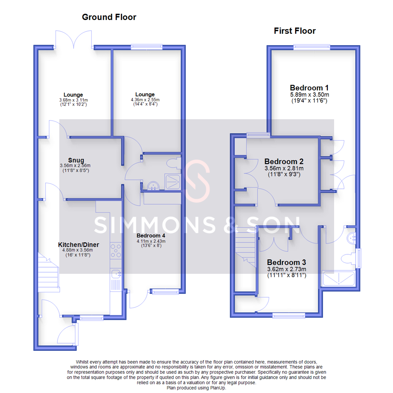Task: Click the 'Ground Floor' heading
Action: click(x=109, y=17)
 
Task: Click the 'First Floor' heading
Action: click(x=295, y=31)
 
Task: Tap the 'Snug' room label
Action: click(x=76, y=160)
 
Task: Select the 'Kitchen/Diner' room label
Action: click(x=79, y=245)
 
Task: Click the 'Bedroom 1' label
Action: click(x=309, y=88)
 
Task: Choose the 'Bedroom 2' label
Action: click(x=284, y=161)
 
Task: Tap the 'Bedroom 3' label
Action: click(x=286, y=262)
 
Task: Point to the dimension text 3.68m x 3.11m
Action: click(x=74, y=100)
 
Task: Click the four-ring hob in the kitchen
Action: click(x=116, y=251)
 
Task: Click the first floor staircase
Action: click(x=245, y=247)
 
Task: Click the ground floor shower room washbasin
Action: click(x=153, y=186)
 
